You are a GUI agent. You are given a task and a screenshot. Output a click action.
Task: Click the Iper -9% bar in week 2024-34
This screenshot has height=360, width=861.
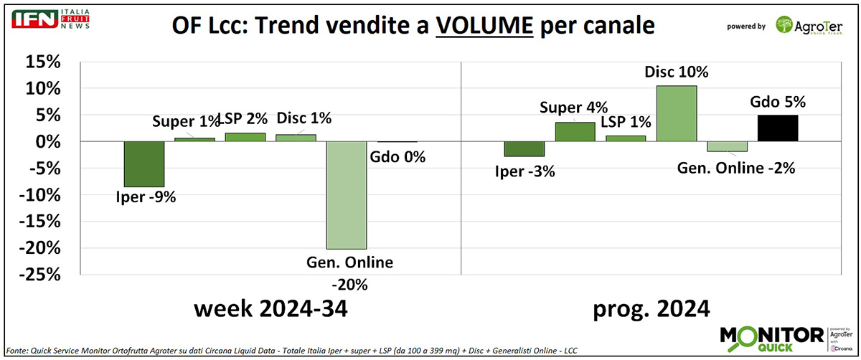point(144,164)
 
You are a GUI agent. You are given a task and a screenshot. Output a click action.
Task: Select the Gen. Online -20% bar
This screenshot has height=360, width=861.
point(347,195)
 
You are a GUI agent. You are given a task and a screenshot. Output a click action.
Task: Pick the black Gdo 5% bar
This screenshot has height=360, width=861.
point(778,128)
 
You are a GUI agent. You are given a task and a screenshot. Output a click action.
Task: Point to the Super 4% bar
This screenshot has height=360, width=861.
point(575,132)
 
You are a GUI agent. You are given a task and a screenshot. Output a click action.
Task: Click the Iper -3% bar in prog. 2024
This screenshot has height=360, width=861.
point(524,148)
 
